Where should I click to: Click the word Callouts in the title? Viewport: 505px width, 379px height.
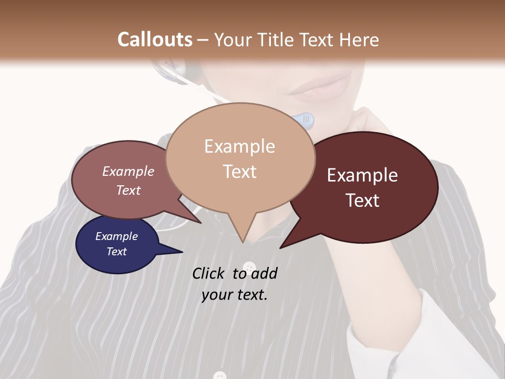[x=155, y=39]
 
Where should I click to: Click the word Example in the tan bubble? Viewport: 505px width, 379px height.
[x=239, y=146]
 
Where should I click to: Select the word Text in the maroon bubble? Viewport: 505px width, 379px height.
[x=362, y=201]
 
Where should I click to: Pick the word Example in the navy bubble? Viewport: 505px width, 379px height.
[x=116, y=236]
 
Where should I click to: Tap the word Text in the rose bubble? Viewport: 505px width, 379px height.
[x=128, y=190]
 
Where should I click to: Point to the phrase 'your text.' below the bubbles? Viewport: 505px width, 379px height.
[x=235, y=295]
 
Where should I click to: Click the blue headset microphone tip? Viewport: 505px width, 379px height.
[x=306, y=121]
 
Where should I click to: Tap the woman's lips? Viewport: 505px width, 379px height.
[x=321, y=87]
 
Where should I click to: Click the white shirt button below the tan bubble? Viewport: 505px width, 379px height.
[x=249, y=266]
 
